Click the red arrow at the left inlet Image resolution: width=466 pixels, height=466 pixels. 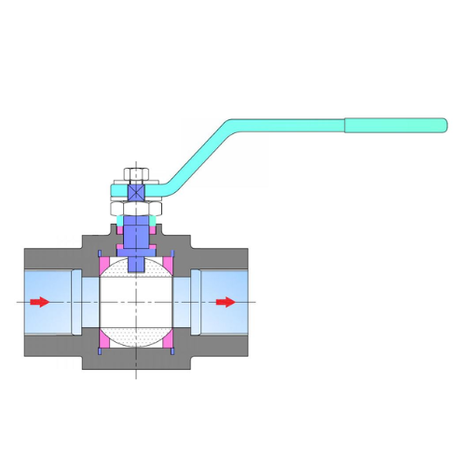pos(38,301)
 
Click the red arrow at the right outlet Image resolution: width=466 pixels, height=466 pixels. pos(225,301)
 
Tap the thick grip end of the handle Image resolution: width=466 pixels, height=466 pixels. pos(396,125)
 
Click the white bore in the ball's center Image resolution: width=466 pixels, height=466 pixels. pos(136,301)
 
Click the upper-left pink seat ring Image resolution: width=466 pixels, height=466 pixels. pos(105,265)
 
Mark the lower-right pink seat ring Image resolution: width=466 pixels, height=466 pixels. pos(168,338)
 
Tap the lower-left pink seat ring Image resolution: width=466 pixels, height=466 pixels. pos(105,338)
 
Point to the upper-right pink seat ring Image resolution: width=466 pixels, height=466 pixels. pos(168,265)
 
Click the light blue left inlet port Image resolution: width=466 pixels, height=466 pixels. pos(47,315)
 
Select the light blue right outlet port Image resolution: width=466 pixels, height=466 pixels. pos(224,317)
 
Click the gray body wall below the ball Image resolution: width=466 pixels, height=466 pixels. pos(136,361)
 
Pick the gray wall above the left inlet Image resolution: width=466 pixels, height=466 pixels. pos(51,258)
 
